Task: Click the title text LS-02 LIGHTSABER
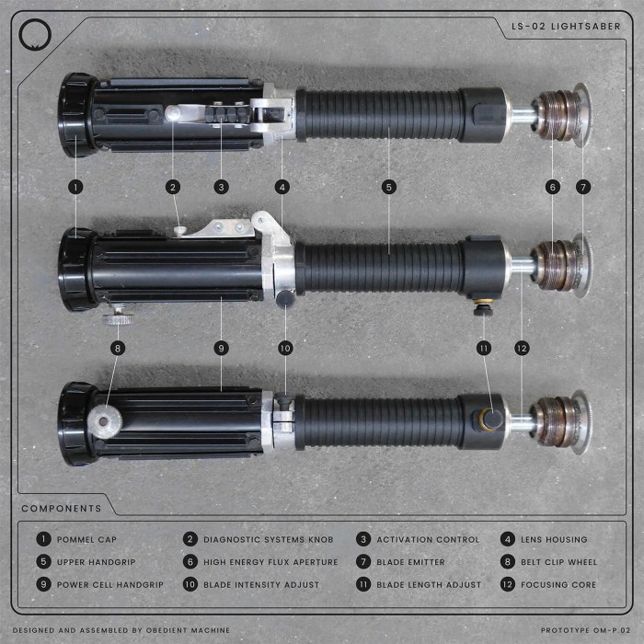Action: coord(566,26)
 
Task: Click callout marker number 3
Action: coord(221,187)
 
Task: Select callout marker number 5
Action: coord(389,187)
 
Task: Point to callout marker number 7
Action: coord(582,187)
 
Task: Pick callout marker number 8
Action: coord(117,348)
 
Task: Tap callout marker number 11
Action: coord(484,348)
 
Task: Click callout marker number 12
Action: coord(522,348)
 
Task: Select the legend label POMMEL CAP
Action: coord(86,539)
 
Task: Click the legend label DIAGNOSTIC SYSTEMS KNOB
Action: coord(268,539)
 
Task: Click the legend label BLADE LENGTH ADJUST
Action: coord(429,584)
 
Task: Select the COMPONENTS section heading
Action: coord(62,508)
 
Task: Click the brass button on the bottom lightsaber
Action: coord(491,420)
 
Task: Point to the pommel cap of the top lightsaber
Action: coord(77,116)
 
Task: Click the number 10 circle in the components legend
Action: coord(190,584)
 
